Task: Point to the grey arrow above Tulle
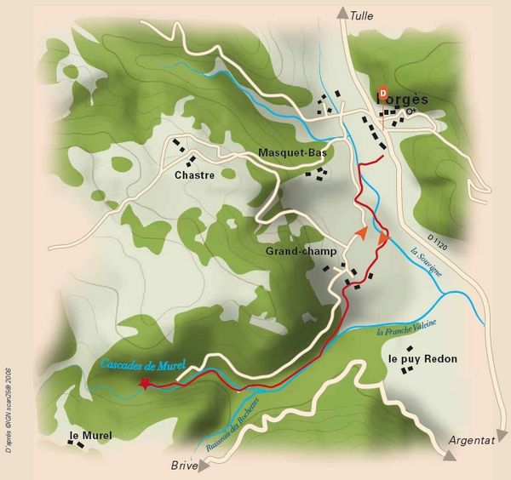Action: [342, 12]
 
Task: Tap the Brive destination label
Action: [184, 466]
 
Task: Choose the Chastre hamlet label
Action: [193, 174]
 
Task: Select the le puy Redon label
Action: [422, 359]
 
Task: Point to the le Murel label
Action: [89, 435]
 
